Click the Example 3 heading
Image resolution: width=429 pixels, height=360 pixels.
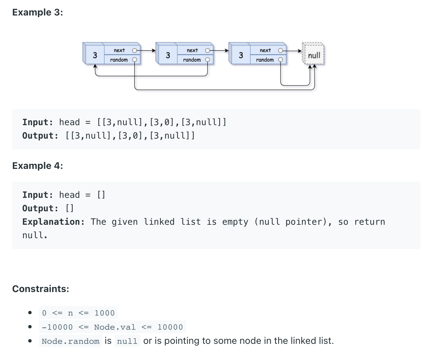pyautogui.click(x=38, y=12)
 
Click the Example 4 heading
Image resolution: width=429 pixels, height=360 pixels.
pyautogui.click(x=38, y=166)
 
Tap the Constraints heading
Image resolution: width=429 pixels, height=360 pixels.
pyautogui.click(x=41, y=289)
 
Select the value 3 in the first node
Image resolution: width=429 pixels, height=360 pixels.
pyautogui.click(x=95, y=55)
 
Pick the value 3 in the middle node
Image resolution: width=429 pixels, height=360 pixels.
pyautogui.click(x=168, y=55)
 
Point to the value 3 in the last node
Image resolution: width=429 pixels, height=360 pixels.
pyautogui.click(x=241, y=55)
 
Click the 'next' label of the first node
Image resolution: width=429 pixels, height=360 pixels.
pyautogui.click(x=119, y=50)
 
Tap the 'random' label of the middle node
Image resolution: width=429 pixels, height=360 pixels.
pyautogui.click(x=192, y=60)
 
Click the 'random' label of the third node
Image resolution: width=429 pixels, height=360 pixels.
pyautogui.click(x=265, y=60)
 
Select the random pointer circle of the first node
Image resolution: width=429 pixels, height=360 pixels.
pyautogui.click(x=134, y=60)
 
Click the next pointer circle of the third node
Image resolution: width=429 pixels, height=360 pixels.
pyautogui.click(x=280, y=50)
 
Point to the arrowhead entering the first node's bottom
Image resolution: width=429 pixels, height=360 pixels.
pyautogui.click(x=95, y=67)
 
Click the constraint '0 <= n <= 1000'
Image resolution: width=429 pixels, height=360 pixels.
pyautogui.click(x=78, y=313)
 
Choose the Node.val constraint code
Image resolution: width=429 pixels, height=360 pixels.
pyautogui.click(x=112, y=327)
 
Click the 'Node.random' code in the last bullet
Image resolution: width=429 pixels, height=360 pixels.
pyautogui.click(x=71, y=341)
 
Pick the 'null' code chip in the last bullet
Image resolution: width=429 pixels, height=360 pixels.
pyautogui.click(x=127, y=341)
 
